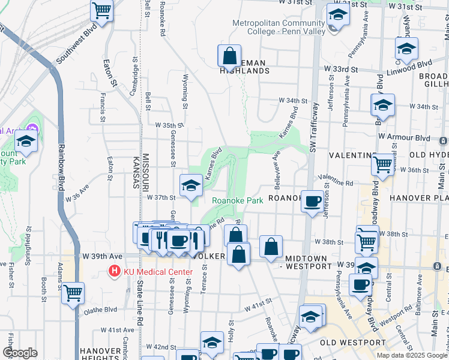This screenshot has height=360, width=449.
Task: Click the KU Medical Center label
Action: pos(158,272)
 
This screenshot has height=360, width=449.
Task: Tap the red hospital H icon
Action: pos(114,272)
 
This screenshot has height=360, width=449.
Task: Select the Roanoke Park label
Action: pos(237,201)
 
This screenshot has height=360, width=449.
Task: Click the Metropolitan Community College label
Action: pos(279,28)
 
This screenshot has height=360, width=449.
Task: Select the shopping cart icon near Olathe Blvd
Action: pos(73,293)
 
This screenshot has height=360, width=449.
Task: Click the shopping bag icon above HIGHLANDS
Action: pos(229,56)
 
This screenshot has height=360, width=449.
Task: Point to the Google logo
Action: pos(20,353)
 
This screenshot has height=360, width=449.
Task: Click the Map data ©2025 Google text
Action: pos(411,355)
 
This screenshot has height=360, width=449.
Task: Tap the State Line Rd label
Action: pos(140,312)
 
